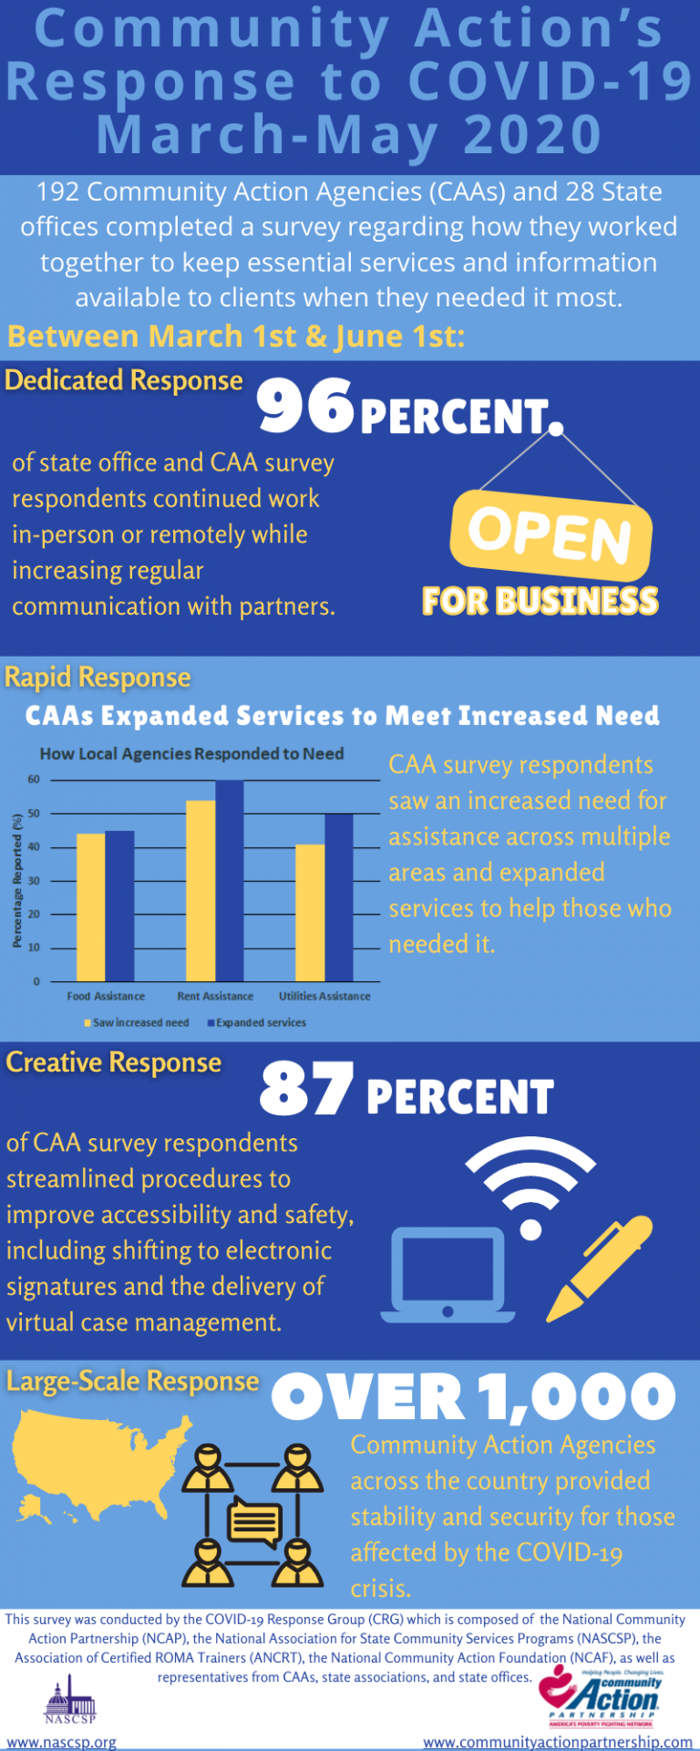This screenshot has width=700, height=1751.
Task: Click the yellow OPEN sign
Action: point(551,534)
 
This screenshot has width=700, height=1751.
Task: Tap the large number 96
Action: point(304,407)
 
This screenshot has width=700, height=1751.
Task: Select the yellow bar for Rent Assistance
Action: point(201,890)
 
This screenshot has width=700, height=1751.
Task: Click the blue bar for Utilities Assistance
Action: point(338,897)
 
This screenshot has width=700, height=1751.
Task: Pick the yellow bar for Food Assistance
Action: point(90,907)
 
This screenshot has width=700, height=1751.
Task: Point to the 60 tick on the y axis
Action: point(34,780)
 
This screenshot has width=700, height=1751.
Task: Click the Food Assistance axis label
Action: point(106,996)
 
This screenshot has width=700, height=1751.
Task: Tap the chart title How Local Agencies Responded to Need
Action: point(191,754)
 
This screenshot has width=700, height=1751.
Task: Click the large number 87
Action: point(306,1090)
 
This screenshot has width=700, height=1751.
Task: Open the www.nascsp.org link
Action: point(62,1742)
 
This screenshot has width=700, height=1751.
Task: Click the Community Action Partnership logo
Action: point(602,1697)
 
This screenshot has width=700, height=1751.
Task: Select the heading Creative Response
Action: point(114,1062)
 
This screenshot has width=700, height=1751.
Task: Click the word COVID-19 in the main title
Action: point(551,82)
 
